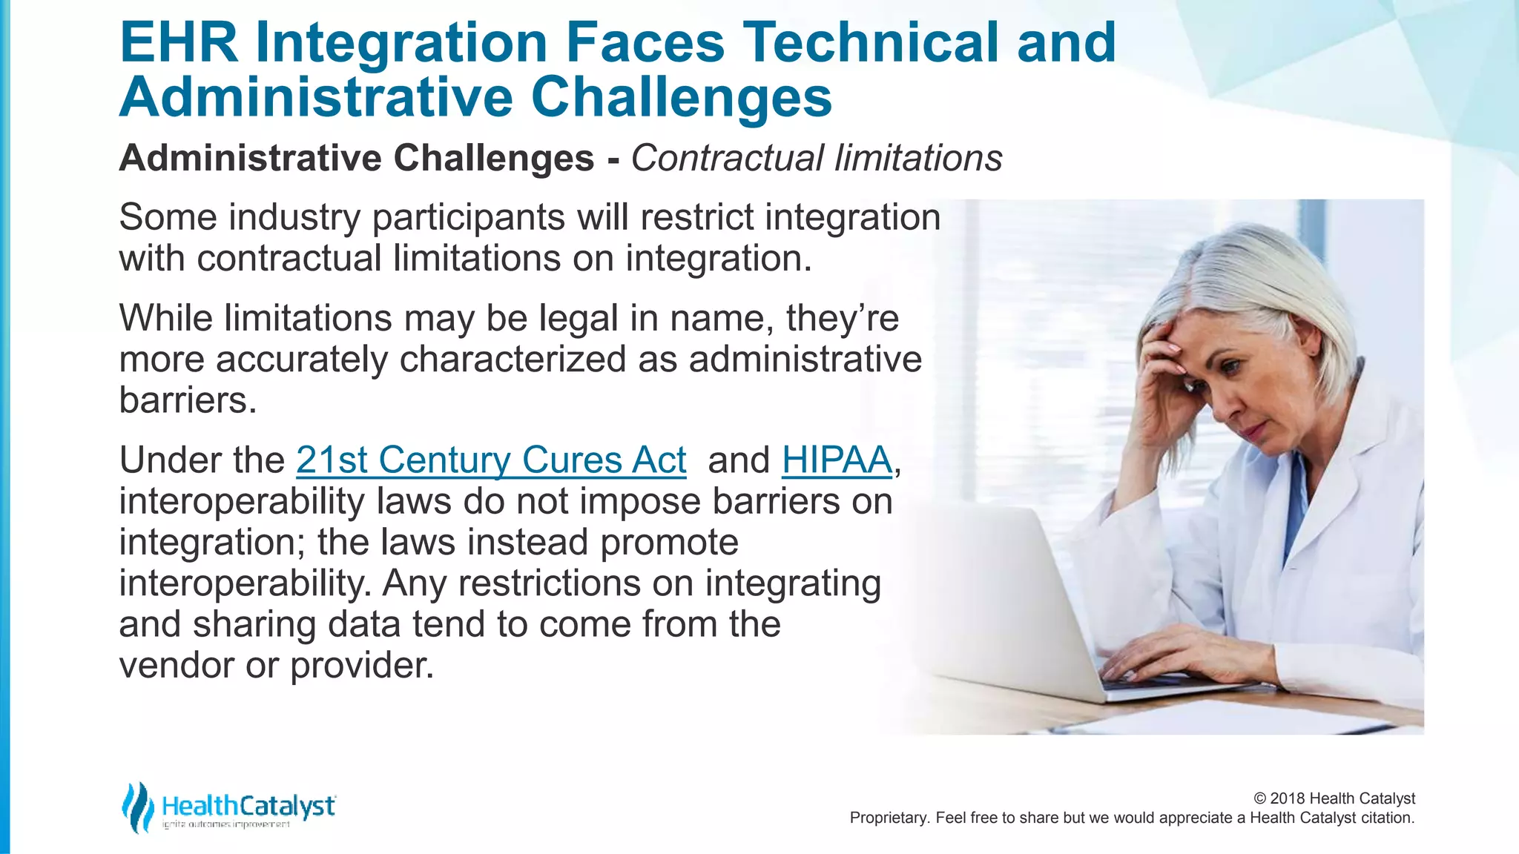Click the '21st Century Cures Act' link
pyautogui.click(x=491, y=460)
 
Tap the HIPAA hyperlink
pyautogui.click(x=837, y=460)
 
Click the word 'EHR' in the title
pyautogui.click(x=178, y=42)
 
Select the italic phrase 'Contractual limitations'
pyautogui.click(x=816, y=159)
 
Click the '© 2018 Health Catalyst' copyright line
pyautogui.click(x=1334, y=798)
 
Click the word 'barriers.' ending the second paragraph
pyautogui.click(x=188, y=401)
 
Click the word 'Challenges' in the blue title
pyautogui.click(x=682, y=98)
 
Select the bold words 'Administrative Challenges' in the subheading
pyautogui.click(x=357, y=159)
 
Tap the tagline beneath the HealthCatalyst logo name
pyautogui.click(x=226, y=825)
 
